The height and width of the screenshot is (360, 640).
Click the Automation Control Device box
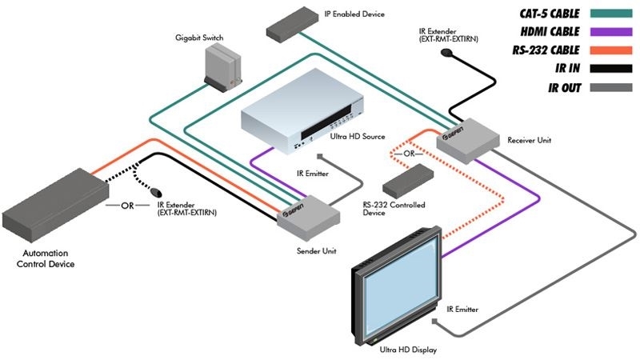(x=55, y=203)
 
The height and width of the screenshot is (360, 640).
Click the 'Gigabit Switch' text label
(x=201, y=38)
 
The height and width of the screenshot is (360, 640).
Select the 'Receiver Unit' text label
(x=529, y=141)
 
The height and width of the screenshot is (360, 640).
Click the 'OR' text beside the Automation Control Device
(x=127, y=206)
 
